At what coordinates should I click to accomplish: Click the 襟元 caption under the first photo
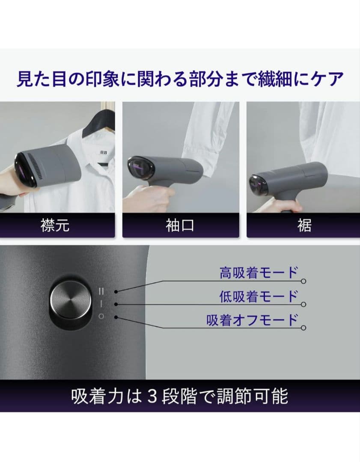(55, 225)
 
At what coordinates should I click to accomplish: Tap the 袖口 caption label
(180, 225)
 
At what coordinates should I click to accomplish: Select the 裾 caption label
(304, 225)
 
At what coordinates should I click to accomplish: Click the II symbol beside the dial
(101, 291)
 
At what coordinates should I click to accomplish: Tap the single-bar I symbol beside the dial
(101, 303)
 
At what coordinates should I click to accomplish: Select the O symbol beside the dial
(101, 316)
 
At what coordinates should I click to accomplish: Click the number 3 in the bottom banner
(151, 397)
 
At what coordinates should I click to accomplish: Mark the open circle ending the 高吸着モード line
(303, 281)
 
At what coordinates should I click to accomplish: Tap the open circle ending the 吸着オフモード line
(303, 328)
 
